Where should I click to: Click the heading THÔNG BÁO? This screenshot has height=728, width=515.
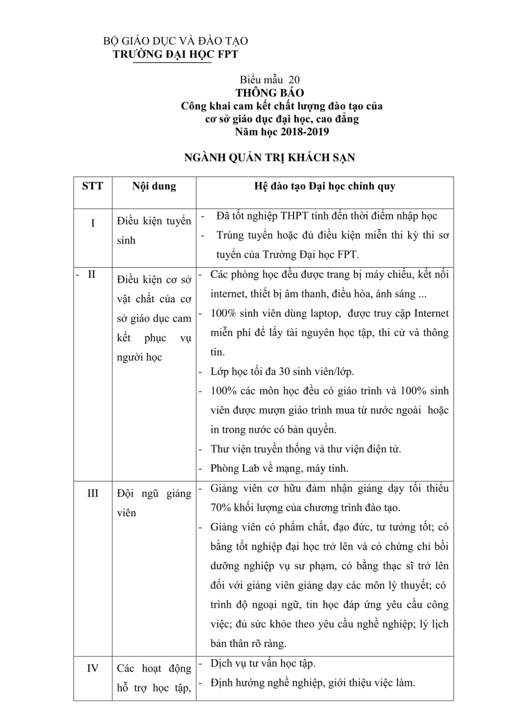pos(269,93)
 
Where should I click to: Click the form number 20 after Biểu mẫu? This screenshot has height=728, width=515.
pos(294,80)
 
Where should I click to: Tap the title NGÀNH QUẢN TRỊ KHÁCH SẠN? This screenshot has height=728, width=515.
pos(269,158)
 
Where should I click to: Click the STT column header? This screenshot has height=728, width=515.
pos(92,186)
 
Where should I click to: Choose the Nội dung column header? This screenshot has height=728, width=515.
pos(154,186)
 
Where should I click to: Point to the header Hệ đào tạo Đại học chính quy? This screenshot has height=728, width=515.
pos(325,186)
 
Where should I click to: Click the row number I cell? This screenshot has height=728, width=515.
pos(92,223)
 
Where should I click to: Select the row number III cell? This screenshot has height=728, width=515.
pos(92,493)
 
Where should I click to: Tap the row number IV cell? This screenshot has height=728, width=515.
pos(92,668)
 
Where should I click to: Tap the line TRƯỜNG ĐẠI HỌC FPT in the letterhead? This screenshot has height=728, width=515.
pos(175,54)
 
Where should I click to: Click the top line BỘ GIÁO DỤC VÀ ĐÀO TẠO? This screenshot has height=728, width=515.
pos(175,41)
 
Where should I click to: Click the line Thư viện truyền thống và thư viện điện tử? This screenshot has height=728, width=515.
pos(306,449)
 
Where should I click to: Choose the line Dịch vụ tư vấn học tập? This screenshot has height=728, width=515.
pos(263,663)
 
